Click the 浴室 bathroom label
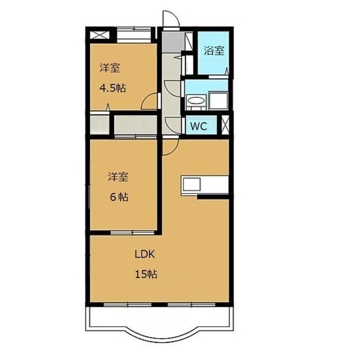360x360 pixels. point(214,51)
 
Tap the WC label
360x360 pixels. point(199,126)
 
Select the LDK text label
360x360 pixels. point(145,254)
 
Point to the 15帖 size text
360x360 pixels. point(146,274)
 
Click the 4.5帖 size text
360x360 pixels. point(112,88)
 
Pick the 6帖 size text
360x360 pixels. point(119,197)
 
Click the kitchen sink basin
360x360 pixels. point(191,184)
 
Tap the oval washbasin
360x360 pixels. point(196,100)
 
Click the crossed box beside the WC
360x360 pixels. point(225,125)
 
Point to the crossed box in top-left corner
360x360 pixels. point(99,35)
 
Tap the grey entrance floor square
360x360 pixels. point(173,42)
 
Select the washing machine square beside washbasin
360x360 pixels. point(218,101)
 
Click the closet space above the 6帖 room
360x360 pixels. point(136,125)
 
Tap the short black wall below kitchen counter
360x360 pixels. point(213,197)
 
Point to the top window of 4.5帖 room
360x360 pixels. point(134,35)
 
